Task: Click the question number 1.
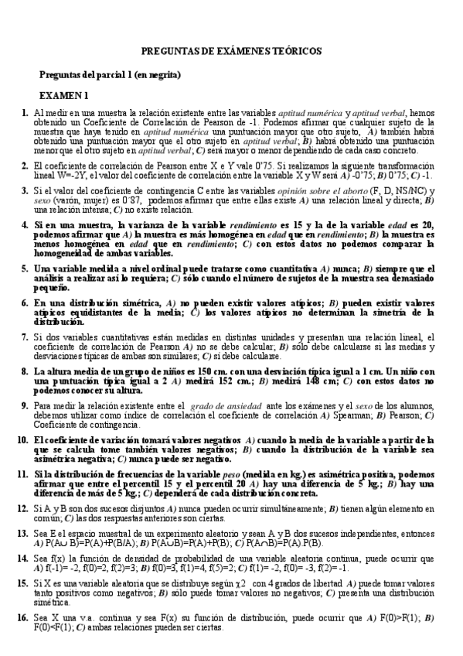tap(26, 113)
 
